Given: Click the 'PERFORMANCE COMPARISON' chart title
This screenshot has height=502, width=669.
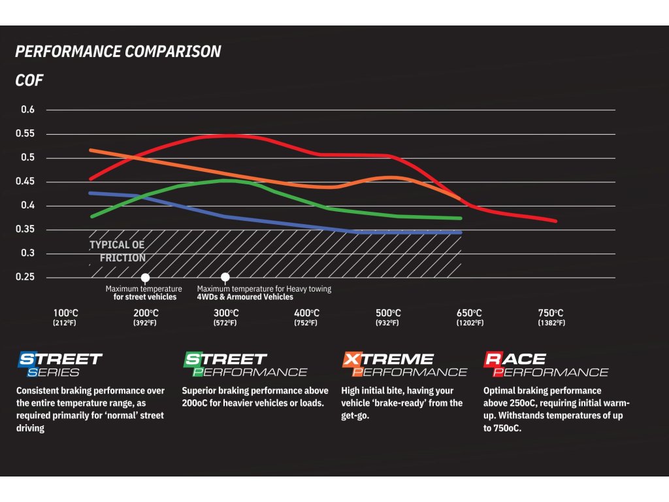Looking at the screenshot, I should point(118,52).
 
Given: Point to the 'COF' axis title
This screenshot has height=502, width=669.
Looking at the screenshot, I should point(29,82).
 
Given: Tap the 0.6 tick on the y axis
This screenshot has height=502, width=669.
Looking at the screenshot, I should point(27,110).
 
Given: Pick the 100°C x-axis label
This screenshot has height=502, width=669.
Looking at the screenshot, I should point(66,313).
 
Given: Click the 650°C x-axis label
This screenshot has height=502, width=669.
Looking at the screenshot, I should point(469,313).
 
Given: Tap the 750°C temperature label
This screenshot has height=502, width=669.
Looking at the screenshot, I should point(550,313).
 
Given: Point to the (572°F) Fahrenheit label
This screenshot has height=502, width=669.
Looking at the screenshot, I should point(225,323).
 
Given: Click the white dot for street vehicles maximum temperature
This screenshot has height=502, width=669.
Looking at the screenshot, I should point(145,277).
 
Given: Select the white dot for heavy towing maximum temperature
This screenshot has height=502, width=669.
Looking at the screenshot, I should point(225,277).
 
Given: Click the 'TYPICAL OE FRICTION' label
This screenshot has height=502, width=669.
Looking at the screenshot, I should point(118,251).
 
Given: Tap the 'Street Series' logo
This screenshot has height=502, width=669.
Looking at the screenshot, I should point(60,365).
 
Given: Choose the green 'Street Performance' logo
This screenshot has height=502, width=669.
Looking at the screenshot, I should point(245,365).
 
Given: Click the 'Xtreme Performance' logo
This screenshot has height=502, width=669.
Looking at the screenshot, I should point(405,365).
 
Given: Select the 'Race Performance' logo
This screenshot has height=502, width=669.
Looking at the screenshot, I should point(546,365).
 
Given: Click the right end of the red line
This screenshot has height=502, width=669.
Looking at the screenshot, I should point(556,221).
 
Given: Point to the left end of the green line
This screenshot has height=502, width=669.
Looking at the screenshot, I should point(91,216).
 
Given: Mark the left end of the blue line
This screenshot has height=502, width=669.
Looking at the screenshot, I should point(90,193).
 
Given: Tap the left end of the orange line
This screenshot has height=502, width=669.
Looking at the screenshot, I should point(90,150).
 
